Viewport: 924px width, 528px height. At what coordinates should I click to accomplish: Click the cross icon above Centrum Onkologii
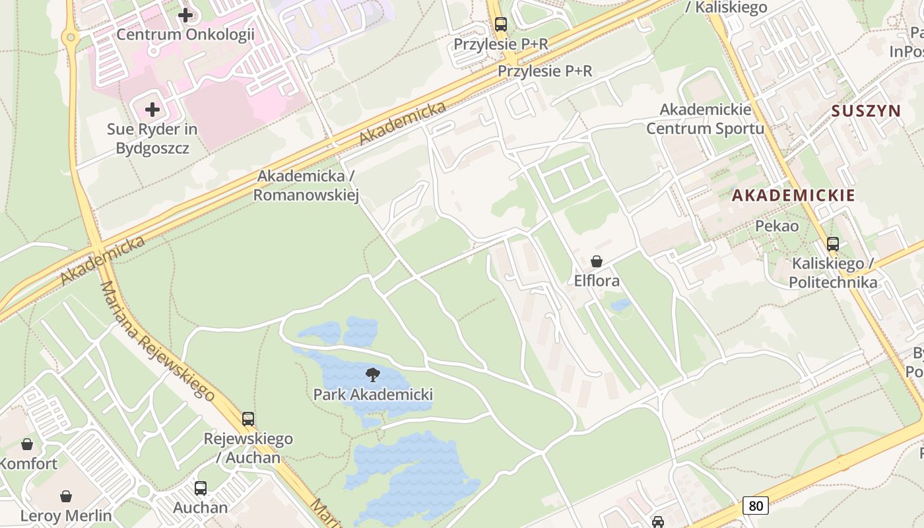click(185, 15)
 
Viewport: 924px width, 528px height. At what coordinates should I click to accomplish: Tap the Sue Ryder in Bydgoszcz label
click(152, 139)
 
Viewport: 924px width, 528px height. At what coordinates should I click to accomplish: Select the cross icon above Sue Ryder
click(152, 109)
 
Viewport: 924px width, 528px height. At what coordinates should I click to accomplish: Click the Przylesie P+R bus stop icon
click(501, 24)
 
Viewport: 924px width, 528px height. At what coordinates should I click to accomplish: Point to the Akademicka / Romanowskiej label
click(306, 185)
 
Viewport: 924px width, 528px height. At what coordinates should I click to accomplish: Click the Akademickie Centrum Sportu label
click(705, 119)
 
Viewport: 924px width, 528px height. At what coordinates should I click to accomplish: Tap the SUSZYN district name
click(866, 111)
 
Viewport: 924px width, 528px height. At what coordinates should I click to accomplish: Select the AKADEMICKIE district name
click(793, 195)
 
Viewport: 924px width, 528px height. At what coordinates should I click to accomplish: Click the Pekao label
click(777, 226)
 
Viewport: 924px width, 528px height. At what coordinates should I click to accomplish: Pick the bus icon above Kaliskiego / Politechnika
click(833, 244)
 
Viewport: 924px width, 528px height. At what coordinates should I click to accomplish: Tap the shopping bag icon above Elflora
click(597, 261)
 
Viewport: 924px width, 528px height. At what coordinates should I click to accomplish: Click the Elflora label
click(597, 281)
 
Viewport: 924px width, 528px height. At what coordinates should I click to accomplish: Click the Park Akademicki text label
click(373, 395)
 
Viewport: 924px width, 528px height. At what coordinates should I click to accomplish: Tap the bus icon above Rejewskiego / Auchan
click(248, 419)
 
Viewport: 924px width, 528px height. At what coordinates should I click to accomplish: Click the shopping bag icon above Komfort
click(27, 444)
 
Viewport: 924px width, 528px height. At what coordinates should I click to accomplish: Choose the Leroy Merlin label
click(66, 515)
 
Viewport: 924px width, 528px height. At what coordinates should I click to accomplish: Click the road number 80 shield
click(756, 506)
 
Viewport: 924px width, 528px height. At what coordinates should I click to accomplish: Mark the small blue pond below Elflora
click(620, 305)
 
